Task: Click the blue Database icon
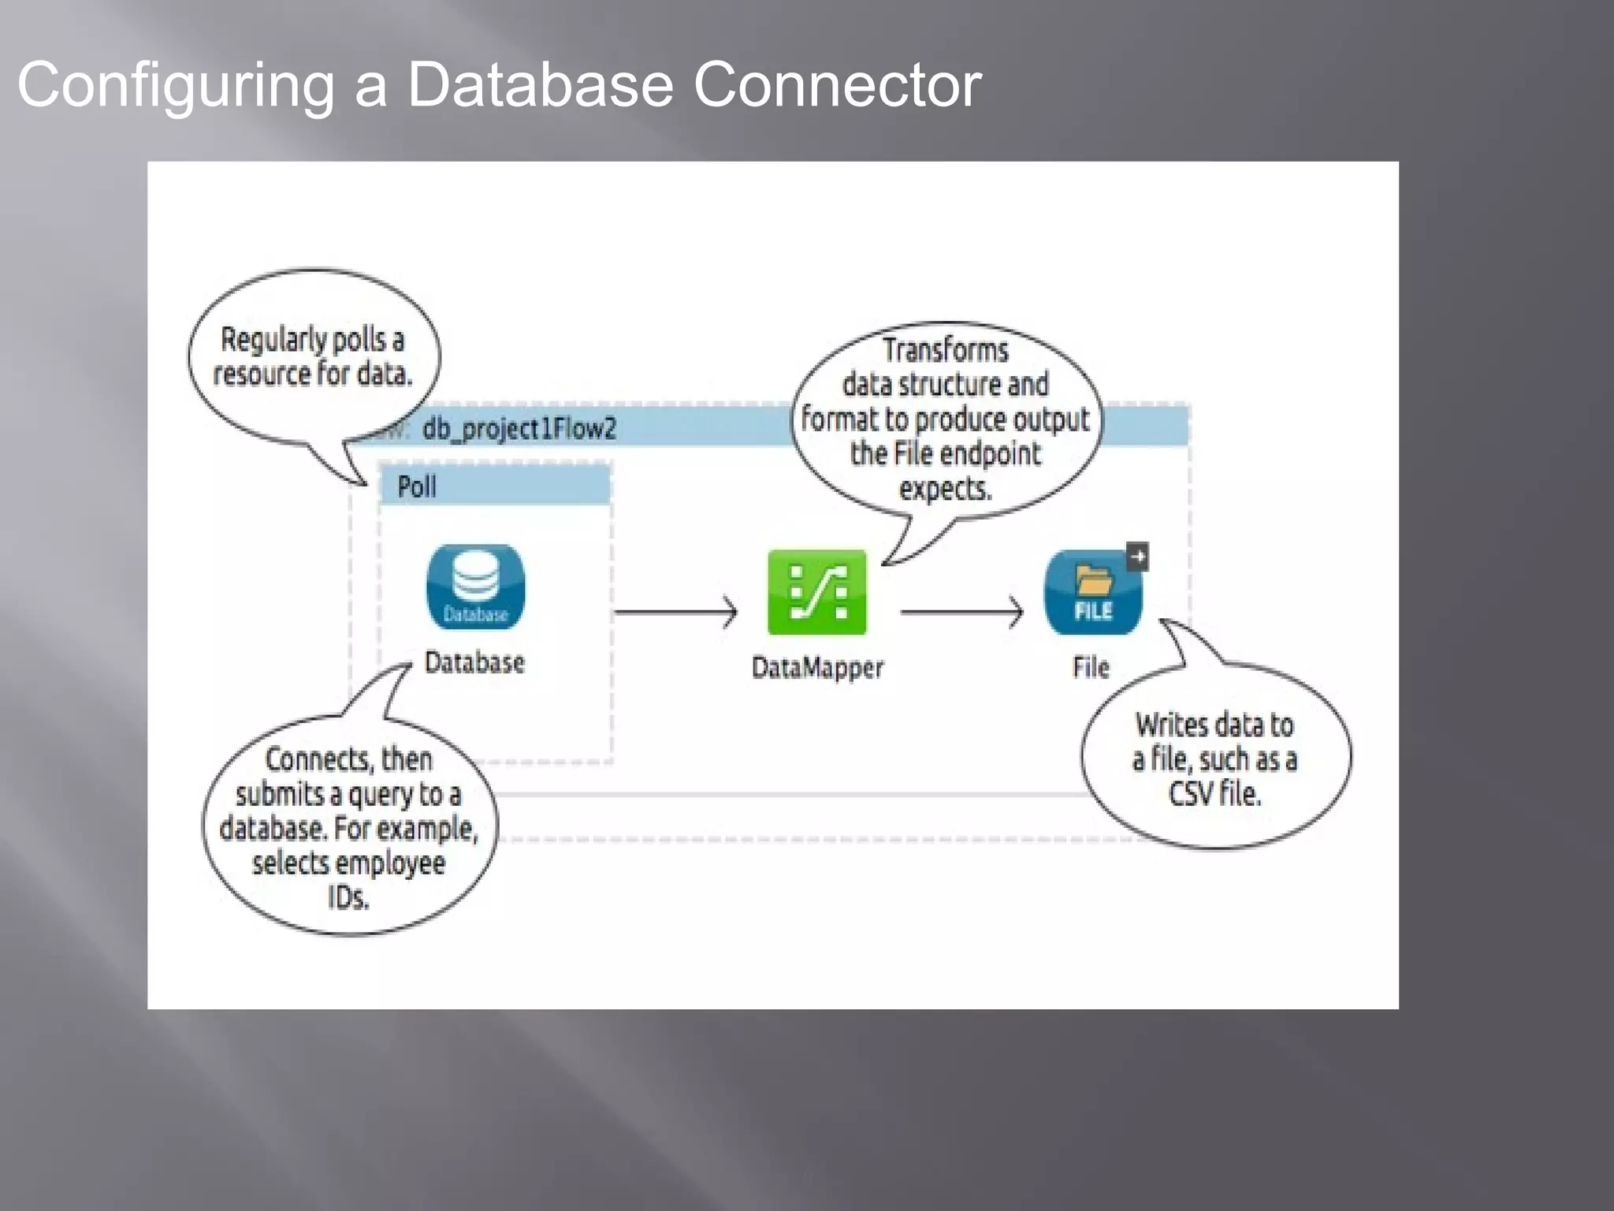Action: tap(475, 587)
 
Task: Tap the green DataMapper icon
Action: tap(817, 593)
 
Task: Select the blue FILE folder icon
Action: tap(1092, 593)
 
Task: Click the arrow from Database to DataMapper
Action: tap(675, 612)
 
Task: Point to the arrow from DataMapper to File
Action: tap(961, 612)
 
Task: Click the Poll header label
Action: tap(417, 486)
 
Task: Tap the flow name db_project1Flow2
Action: tap(519, 429)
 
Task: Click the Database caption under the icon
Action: tap(474, 662)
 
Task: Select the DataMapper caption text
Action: tap(817, 668)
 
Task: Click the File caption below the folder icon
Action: tap(1091, 668)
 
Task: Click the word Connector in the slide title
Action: tap(837, 84)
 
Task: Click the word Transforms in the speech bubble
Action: tap(945, 350)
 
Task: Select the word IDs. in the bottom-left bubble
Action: tap(348, 897)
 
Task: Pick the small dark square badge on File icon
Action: tap(1137, 557)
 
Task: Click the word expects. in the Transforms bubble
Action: tap(945, 489)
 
